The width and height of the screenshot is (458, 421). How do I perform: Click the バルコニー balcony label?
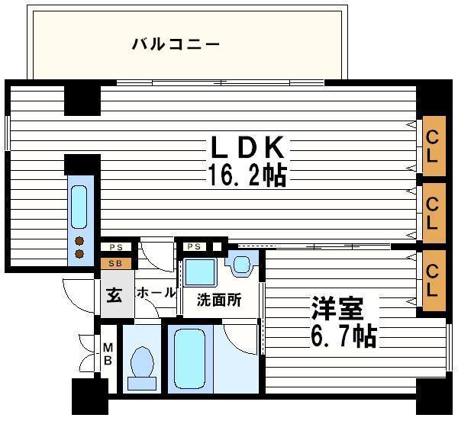pos(176,43)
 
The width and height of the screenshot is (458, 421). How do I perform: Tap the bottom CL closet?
pos(433,280)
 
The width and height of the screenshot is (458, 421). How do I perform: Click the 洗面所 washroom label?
pos(219,300)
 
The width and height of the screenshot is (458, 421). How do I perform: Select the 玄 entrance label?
pos(114,294)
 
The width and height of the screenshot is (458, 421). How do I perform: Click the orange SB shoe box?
pos(115,264)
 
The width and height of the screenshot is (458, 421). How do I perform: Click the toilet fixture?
pos(143,365)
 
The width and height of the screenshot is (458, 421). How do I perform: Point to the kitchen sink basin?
pos(80,206)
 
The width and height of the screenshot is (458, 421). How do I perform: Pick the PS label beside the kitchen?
pos(116,247)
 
